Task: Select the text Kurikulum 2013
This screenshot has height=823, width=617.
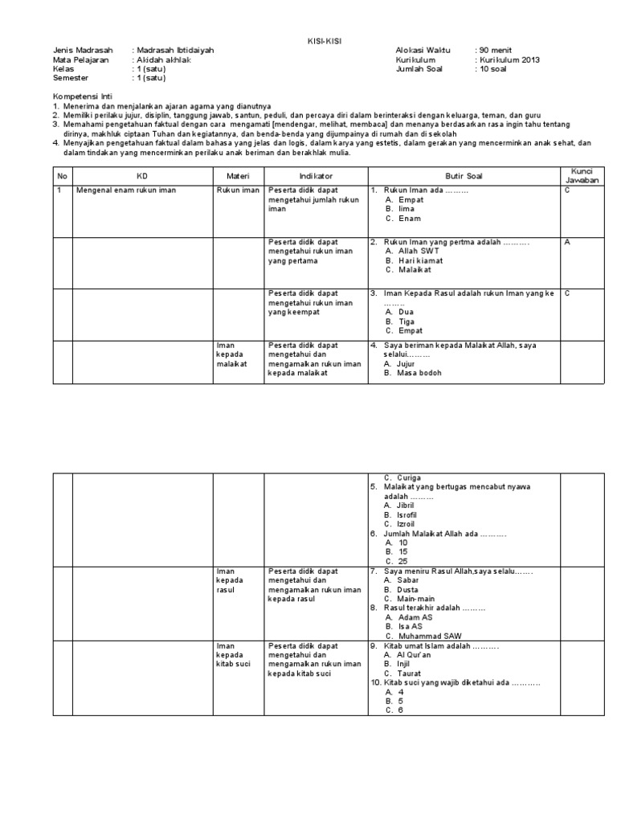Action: pyautogui.click(x=510, y=59)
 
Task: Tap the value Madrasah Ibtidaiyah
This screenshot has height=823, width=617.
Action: pyautogui.click(x=176, y=50)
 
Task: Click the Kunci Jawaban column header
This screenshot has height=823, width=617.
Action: pyautogui.click(x=582, y=176)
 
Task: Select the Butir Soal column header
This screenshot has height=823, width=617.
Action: pyautogui.click(x=464, y=176)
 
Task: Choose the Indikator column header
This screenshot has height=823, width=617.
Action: pyautogui.click(x=316, y=176)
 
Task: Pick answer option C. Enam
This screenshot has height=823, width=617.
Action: pyautogui.click(x=403, y=219)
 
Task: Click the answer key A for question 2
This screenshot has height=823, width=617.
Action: pyautogui.click(x=567, y=241)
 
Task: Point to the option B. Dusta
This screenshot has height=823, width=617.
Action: pyautogui.click(x=404, y=589)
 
